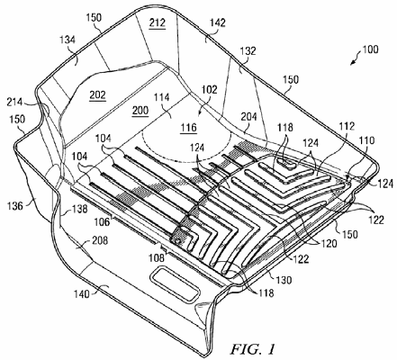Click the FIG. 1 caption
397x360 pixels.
[252, 348]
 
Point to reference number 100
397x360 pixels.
[371, 49]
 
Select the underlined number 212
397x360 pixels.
[158, 22]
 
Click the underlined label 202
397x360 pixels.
[98, 95]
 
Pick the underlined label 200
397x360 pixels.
[140, 111]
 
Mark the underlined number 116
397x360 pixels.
[188, 127]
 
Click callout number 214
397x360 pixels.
[14, 103]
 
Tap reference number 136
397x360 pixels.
[15, 206]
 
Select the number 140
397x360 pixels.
[82, 294]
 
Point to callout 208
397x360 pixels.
[100, 240]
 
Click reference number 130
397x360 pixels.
[284, 280]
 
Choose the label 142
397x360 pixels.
[218, 22]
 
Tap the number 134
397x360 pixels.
[68, 40]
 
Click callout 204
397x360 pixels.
[248, 116]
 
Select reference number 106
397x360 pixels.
[103, 221]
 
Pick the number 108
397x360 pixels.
[158, 257]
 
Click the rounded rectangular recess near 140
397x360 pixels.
[176, 283]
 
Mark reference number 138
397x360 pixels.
[79, 209]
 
